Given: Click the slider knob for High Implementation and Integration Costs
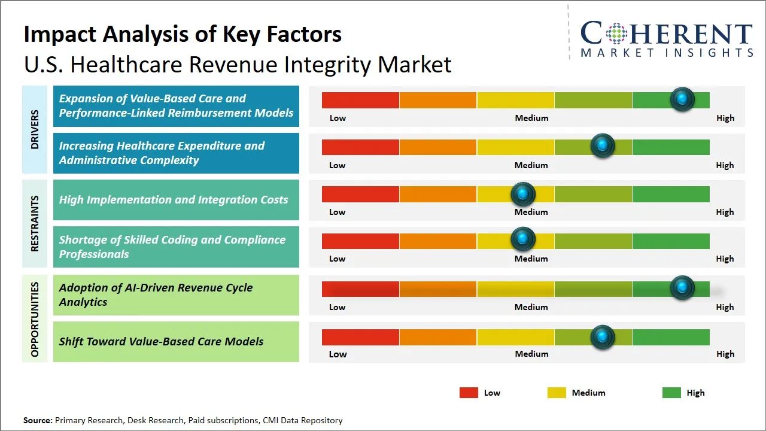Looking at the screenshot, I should pos(523,194).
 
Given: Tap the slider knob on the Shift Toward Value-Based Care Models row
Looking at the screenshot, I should pos(602,337).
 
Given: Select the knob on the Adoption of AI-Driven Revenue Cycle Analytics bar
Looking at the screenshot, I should pos(682,288).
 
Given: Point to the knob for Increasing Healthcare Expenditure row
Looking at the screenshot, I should pos(602,145).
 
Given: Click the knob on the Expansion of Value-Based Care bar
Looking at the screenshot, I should pos(682,99).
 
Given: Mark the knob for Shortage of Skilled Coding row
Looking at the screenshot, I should pos(523,239).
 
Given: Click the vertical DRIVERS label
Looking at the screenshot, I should pos(35,129).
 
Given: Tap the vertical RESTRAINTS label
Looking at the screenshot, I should pos(35,223).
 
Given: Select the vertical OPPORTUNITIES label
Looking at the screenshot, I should pos(35,319).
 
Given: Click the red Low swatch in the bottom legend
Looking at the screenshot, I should pos(469,393).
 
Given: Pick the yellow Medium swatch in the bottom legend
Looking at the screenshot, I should pos(557,393).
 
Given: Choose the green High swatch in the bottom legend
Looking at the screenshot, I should pos(671,393).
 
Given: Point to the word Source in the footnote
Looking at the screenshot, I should pos(38,420).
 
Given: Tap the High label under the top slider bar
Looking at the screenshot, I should pos(725,118).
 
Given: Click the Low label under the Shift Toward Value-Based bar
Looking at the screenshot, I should pos(338,354).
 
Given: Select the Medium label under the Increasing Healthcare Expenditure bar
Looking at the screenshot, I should pos(531,165).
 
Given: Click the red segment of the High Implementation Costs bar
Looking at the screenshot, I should pos(360,194).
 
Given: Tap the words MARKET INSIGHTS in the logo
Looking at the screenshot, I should pos(667,53).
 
